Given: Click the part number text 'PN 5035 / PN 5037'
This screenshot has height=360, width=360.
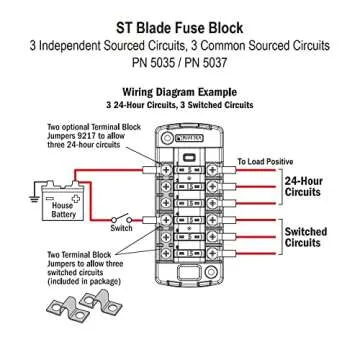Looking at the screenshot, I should coord(180,62).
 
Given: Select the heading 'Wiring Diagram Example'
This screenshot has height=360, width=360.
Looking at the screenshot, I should coord(180,88).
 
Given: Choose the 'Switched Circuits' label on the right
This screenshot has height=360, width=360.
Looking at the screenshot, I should coord(305,237).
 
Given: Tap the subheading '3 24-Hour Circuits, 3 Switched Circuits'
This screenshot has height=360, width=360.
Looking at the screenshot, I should coord(180,102).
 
